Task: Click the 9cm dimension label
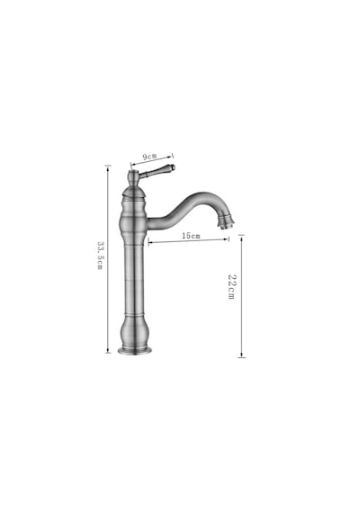coord(149,157)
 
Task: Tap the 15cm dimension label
coord(191,236)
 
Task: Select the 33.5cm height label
coord(100,256)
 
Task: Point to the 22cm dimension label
coord(231,286)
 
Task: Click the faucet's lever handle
coord(157,171)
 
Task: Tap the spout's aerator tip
coord(227,221)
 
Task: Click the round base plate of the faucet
coord(135,351)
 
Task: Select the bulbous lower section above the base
coord(134,331)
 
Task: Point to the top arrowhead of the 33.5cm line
coord(108,167)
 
